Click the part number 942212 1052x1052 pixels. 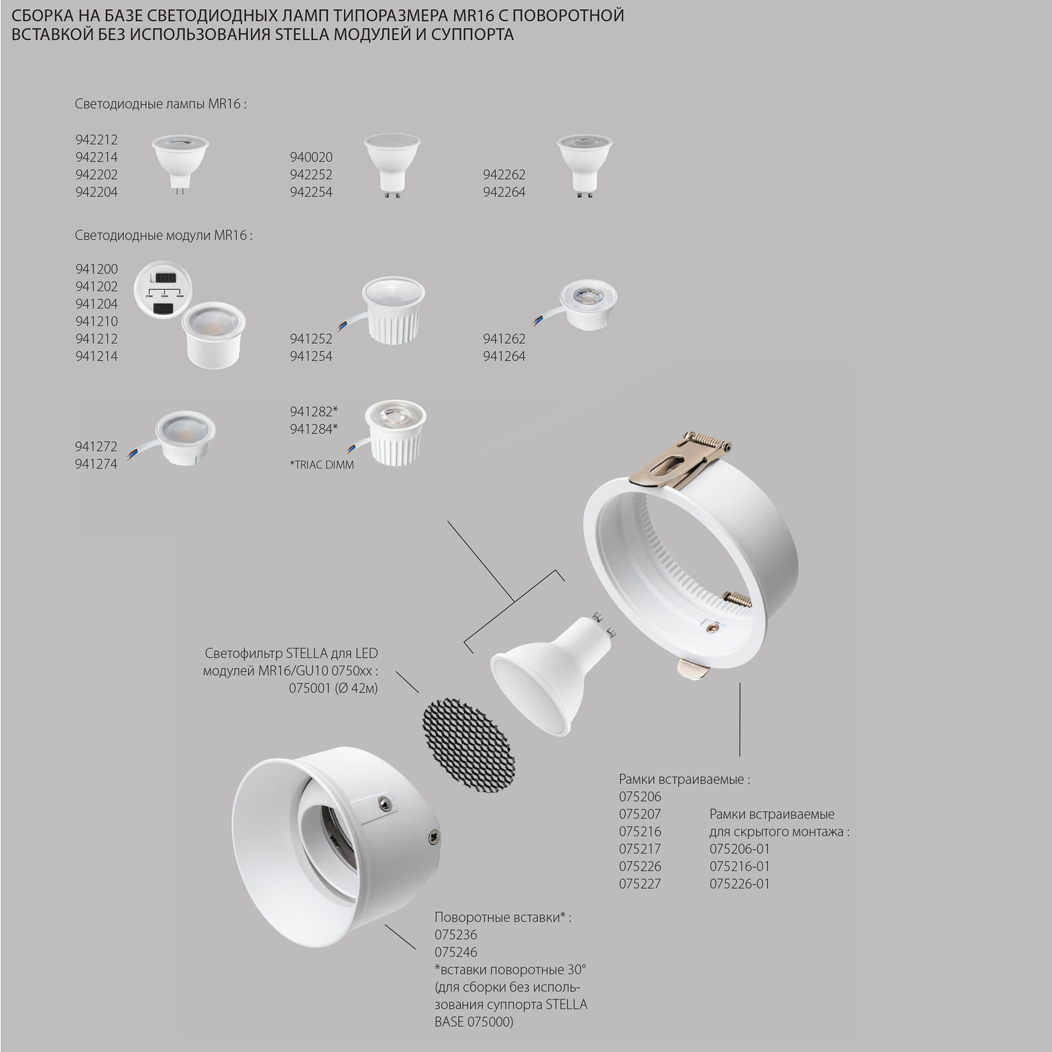(x=96, y=139)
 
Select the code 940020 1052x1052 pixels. (x=311, y=157)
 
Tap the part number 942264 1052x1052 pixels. (x=504, y=192)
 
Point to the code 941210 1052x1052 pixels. (x=96, y=321)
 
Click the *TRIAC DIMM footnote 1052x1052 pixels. (x=322, y=465)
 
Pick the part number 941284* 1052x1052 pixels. (x=313, y=429)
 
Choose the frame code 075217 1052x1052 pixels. (x=640, y=849)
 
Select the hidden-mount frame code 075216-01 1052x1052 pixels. (x=739, y=866)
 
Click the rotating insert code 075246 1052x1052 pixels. (x=456, y=952)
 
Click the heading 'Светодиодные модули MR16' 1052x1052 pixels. (x=164, y=235)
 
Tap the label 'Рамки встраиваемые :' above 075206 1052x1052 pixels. (x=684, y=779)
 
